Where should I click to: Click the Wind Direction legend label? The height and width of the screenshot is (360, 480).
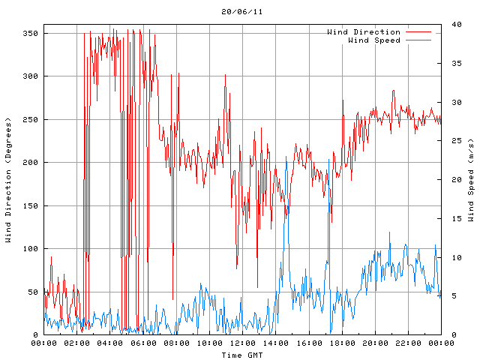pyautogui.click(x=364, y=32)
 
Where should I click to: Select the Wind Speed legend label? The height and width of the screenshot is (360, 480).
pyautogui.click(x=374, y=40)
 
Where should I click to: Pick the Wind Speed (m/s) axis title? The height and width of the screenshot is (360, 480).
pyautogui.click(x=471, y=180)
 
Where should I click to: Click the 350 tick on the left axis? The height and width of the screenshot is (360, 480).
pyautogui.click(x=30, y=33)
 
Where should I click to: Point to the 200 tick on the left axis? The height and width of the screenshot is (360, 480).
pyautogui.click(x=30, y=163)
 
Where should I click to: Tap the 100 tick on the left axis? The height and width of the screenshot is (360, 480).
pyautogui.click(x=30, y=249)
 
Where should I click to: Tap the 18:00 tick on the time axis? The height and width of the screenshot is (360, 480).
pyautogui.click(x=342, y=343)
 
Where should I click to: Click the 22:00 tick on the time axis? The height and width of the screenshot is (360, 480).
pyautogui.click(x=408, y=343)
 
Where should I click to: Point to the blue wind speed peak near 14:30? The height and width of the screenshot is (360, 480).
pyautogui.click(x=286, y=157)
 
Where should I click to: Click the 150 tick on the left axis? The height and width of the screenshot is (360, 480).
pyautogui.click(x=30, y=205)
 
